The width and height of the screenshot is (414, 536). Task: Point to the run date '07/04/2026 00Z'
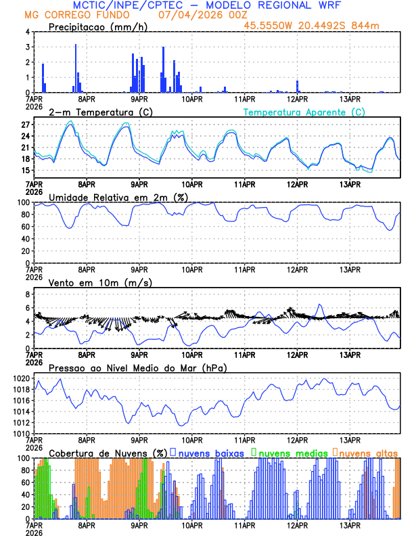point(202,15)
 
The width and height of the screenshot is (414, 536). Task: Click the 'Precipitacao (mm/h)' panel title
point(99,26)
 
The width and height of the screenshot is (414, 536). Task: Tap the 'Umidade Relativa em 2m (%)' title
point(118,197)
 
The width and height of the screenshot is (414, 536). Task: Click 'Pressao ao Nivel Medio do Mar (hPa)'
point(138,367)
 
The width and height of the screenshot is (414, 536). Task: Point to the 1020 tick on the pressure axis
point(22,378)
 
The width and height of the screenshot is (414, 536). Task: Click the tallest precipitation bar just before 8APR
point(76,68)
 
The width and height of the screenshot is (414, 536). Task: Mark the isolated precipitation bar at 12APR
point(297,87)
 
